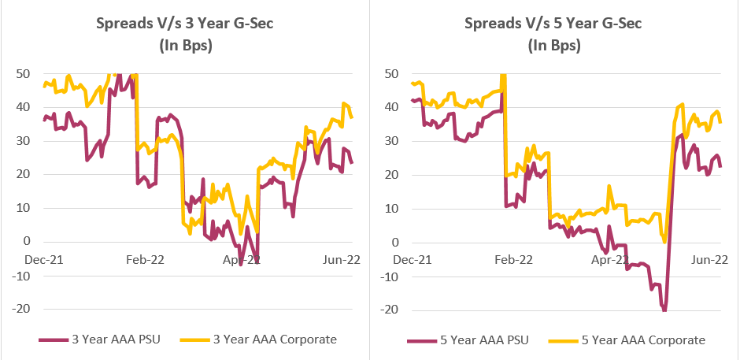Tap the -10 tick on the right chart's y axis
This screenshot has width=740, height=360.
tap(391, 276)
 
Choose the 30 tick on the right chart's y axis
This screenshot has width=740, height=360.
tap(393, 141)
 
